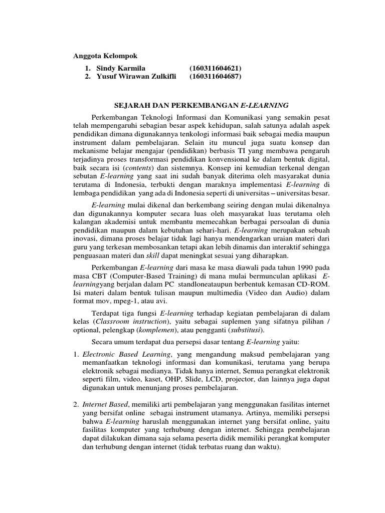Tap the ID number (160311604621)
[216, 68]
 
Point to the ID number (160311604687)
[216, 77]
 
